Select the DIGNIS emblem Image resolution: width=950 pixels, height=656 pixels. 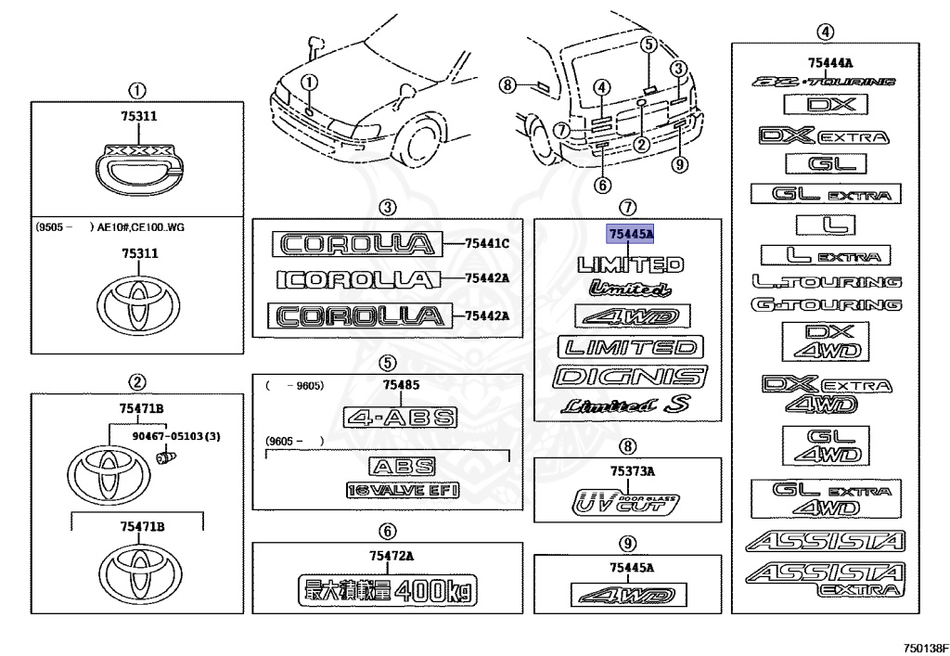(x=629, y=377)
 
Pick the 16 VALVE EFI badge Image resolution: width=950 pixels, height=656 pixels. (x=403, y=490)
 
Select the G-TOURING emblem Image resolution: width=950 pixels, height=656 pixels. (x=827, y=304)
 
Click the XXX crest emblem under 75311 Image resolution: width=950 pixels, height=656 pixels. (x=136, y=167)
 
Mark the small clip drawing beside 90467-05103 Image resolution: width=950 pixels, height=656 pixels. (x=168, y=456)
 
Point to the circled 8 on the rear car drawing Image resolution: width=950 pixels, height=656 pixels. (x=506, y=85)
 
